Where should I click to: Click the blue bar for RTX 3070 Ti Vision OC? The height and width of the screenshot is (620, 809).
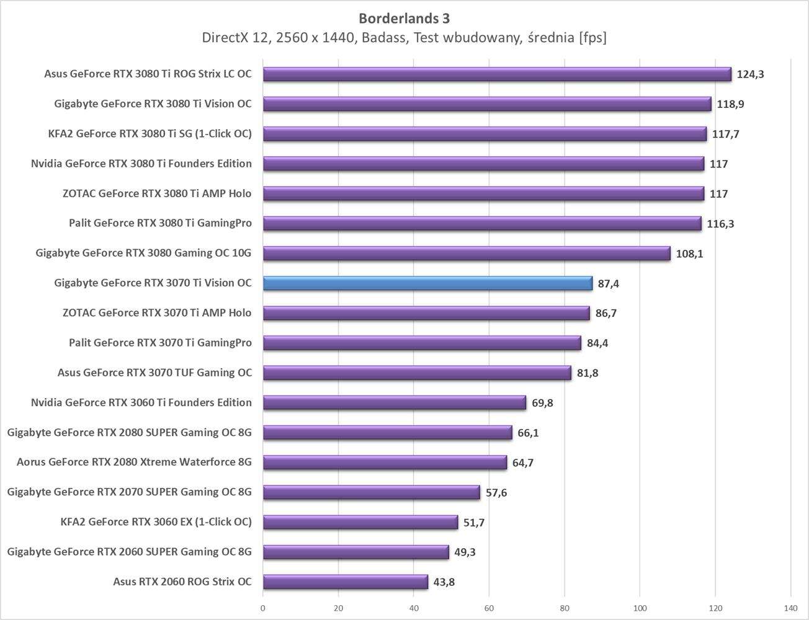click(x=427, y=283)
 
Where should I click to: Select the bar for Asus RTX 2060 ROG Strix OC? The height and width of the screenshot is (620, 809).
click(x=345, y=582)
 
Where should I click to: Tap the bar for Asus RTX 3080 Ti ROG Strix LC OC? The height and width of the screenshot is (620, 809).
click(x=496, y=74)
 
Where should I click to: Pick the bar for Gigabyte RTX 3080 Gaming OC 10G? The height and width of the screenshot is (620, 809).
click(x=466, y=254)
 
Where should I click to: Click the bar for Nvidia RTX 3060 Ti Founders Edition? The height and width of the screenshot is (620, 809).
click(x=394, y=402)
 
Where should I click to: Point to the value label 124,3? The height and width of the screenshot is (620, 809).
click(x=750, y=74)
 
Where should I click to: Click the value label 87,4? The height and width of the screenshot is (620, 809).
click(x=609, y=284)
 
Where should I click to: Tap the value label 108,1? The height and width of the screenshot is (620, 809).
click(x=689, y=254)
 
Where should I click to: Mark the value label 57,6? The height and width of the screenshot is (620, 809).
click(x=496, y=493)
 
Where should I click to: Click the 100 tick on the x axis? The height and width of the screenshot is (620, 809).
click(x=640, y=608)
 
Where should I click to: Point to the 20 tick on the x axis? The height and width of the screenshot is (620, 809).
click(x=338, y=608)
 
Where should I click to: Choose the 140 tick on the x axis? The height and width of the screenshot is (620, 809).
click(x=790, y=608)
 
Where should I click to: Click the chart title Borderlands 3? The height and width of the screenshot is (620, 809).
click(x=404, y=18)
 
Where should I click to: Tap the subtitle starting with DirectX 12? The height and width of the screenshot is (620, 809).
click(x=404, y=38)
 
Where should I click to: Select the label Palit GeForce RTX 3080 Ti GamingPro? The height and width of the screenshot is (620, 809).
click(x=160, y=223)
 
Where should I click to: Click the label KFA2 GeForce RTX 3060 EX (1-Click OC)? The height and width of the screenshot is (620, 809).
click(x=156, y=522)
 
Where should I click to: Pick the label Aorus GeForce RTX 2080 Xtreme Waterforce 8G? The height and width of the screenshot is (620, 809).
click(x=134, y=462)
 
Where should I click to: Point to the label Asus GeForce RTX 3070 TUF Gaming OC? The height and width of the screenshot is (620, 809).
click(x=154, y=373)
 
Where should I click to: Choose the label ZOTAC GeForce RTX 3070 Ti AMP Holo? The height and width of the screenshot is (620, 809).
click(x=157, y=313)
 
